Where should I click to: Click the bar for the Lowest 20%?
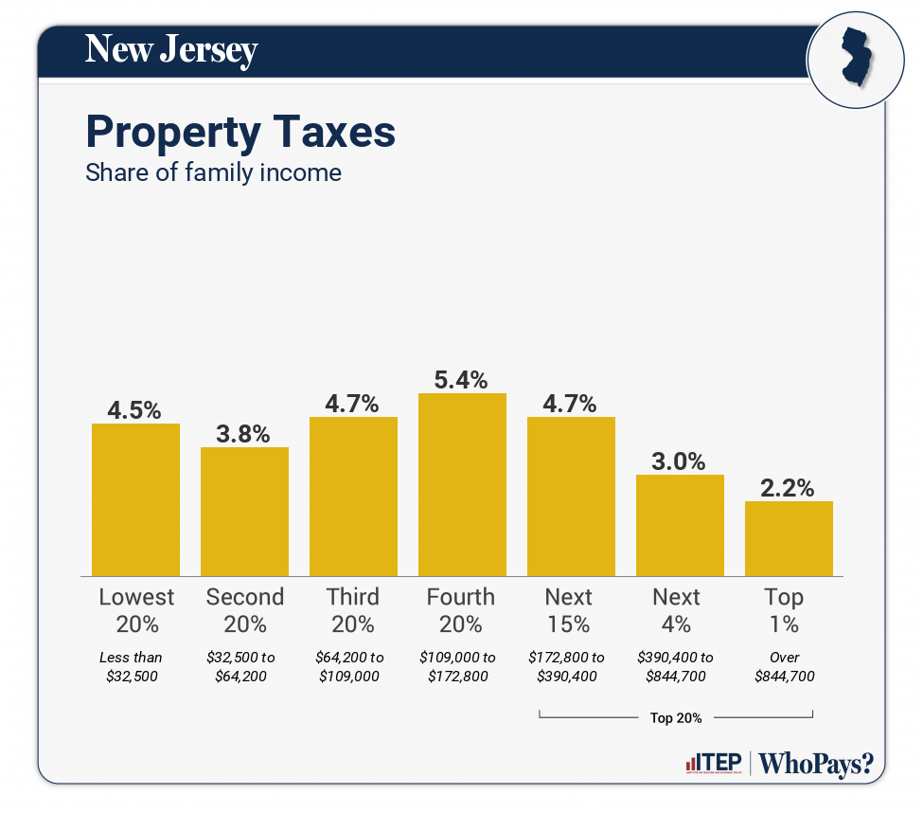coord(135,499)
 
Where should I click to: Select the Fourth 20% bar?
coord(462,484)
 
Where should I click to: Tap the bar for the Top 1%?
coord(789,538)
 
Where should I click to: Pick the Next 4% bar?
coord(680,525)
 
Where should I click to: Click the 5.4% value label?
coord(462,380)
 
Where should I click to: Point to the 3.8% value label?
coord(244,434)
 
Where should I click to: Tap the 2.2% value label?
coord(789,488)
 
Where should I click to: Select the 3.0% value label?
coord(680,461)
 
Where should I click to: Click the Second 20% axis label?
coord(244,610)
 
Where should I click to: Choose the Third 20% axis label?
coord(353,610)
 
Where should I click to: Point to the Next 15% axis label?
coord(569,610)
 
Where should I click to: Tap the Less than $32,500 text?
coord(132,666)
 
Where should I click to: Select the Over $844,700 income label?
coord(785,666)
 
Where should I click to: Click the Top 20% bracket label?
coord(676,718)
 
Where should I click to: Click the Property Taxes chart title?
coord(240,132)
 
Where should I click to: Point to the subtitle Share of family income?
coord(213,173)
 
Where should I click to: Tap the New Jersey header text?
coord(171,49)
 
